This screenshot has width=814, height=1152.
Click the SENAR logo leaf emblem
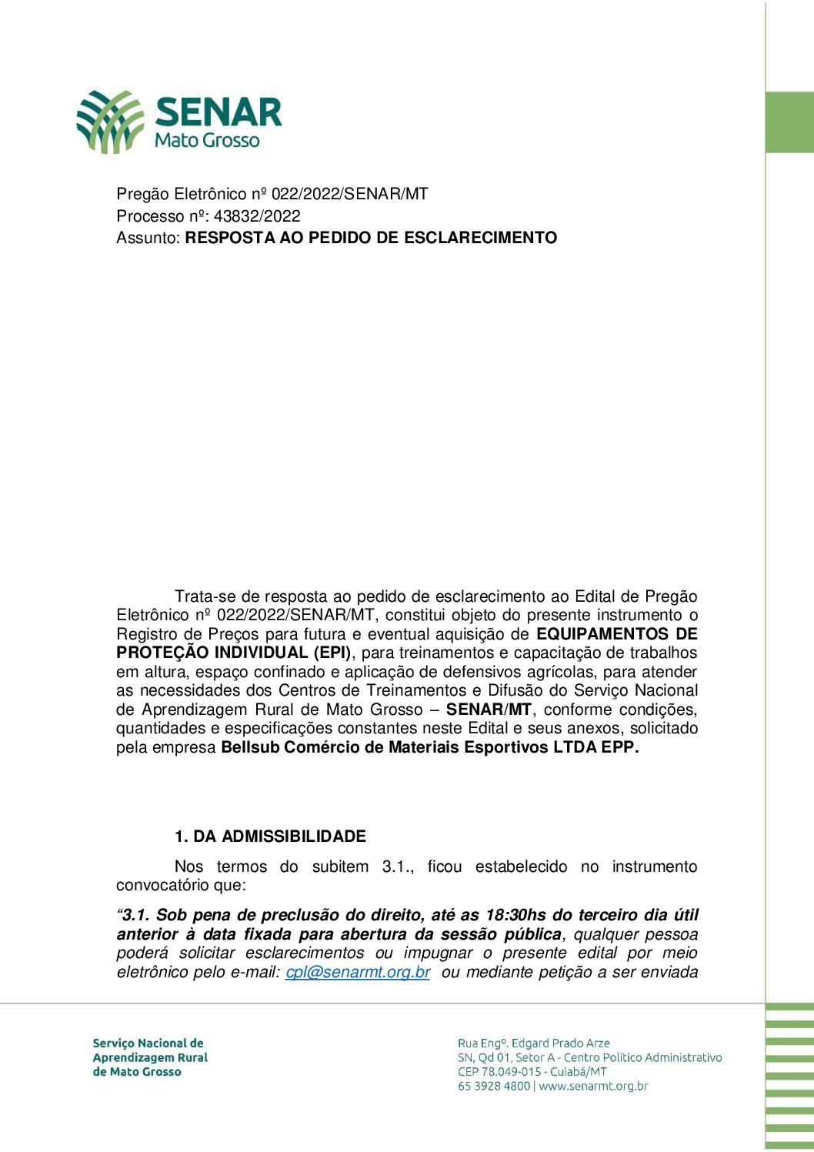coord(110,122)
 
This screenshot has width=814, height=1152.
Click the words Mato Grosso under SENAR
coord(207,140)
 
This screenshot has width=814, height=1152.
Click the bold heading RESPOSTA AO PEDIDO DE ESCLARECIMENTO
coord(371,238)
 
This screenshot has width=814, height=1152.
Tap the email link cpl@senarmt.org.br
coord(358,972)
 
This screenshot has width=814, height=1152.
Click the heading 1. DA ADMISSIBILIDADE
coord(270,836)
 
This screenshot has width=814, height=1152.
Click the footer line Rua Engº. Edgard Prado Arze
coord(533,1043)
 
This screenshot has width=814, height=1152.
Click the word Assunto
coord(148,238)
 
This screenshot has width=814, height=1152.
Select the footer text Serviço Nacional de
coord(148,1043)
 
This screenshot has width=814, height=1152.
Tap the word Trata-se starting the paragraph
coord(205,596)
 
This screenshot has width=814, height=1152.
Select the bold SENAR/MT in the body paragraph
coord(489,710)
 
